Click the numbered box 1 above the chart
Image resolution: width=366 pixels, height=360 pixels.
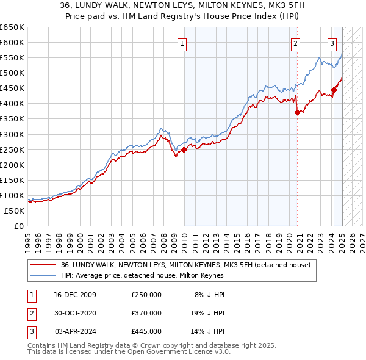(x=183, y=43)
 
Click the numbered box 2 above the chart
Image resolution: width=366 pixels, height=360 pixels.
(x=295, y=43)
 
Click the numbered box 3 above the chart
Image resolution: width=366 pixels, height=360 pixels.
(x=332, y=43)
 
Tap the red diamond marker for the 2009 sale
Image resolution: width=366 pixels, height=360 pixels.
(x=184, y=149)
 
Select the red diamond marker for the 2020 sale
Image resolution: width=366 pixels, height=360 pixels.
(x=297, y=112)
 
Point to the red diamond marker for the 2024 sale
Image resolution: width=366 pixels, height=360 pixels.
(x=334, y=90)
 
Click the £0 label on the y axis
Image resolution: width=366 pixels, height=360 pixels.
(x=18, y=226)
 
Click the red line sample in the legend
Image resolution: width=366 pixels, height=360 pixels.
(x=42, y=265)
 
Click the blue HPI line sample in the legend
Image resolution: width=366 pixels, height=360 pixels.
(x=42, y=275)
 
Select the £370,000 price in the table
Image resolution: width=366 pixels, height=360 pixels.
(x=146, y=313)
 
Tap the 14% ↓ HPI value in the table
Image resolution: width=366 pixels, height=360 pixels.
(x=209, y=331)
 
